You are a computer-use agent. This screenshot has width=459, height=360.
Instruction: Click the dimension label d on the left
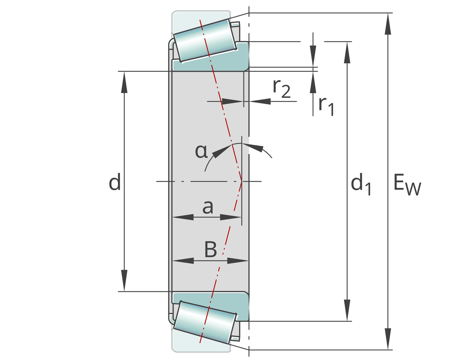click(115, 182)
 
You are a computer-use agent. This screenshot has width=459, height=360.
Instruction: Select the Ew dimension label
click(407, 184)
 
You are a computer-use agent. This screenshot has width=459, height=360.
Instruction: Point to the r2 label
click(282, 89)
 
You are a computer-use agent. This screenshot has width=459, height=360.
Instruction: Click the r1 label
click(326, 106)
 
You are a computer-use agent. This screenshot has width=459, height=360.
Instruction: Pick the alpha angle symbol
click(201, 151)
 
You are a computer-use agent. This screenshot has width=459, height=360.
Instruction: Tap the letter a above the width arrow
click(208, 207)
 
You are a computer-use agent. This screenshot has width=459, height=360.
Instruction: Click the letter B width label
click(211, 249)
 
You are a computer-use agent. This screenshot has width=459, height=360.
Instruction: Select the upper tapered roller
click(205, 41)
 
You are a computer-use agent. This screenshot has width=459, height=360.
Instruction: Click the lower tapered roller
click(205, 322)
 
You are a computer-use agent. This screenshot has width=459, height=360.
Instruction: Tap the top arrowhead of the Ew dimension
click(388, 24)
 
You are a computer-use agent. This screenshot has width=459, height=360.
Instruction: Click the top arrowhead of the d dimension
click(124, 82)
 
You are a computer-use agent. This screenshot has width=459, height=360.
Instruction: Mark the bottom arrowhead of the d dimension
click(124, 280)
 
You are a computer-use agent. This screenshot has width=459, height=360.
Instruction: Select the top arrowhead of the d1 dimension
click(347, 52)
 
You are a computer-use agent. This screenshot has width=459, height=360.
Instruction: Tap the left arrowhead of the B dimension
click(183, 261)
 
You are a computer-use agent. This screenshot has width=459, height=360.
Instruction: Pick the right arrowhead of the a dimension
click(231, 217)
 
